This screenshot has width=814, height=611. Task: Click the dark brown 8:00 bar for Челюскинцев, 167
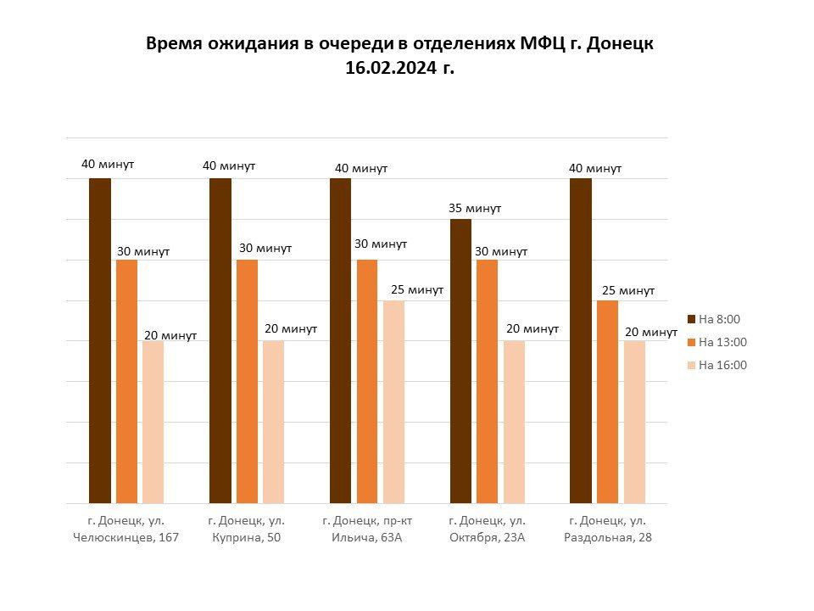pos(100,341)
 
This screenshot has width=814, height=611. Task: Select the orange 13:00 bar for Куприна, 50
pos(247,381)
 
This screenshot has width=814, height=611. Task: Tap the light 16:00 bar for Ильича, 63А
pos(394,401)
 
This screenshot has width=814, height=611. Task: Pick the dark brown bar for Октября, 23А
pos(461,362)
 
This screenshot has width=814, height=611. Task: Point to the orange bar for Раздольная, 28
pos(607,401)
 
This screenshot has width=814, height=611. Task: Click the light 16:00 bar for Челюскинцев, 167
pos(153,422)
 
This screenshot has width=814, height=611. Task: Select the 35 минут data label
pos(475,209)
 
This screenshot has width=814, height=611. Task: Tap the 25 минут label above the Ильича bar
pos(417,289)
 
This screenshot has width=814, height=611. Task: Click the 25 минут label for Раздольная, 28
pos(628,290)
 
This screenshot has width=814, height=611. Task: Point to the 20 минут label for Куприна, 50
pos(291,329)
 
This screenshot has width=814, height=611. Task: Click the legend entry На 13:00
pos(717,342)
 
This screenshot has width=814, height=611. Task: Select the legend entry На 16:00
pos(717,365)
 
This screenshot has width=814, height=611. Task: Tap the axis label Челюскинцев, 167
pos(125,537)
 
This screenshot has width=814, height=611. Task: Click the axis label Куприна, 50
pos(246,537)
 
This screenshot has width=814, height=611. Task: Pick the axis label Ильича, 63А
pos(366,537)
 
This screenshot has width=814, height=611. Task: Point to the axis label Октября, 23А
pos(487,537)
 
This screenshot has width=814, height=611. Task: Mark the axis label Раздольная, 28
pos(608,537)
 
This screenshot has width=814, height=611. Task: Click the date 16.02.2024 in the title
pos(392,68)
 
